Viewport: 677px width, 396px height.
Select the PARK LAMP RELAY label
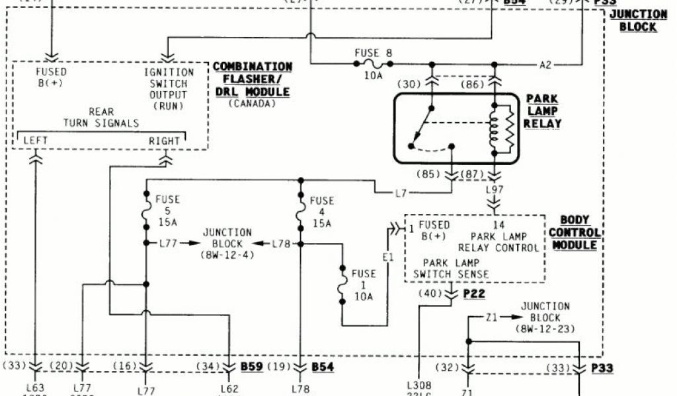[544, 111]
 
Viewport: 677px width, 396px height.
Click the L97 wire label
[495, 190]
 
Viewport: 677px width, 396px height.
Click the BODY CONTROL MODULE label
[574, 232]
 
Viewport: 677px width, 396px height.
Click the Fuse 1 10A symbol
[342, 285]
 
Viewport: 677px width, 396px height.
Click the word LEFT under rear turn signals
[35, 141]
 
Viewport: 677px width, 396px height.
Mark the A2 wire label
[545, 65]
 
